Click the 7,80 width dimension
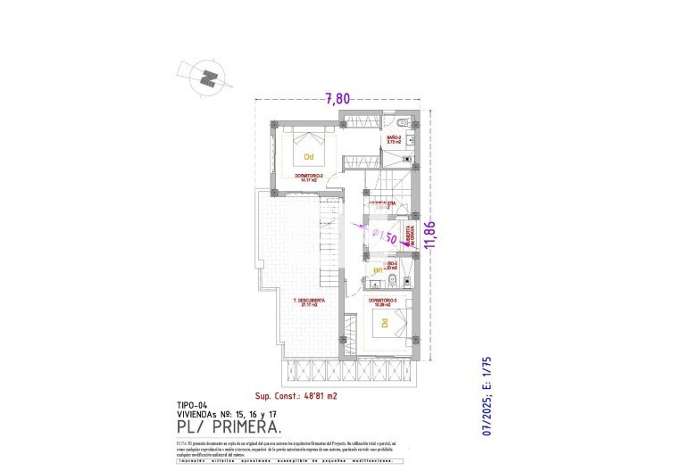coord(337,99)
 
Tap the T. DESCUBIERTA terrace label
coord(309,301)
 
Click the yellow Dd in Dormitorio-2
coord(309,157)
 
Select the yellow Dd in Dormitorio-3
coord(386,323)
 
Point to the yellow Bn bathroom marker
coord(378,269)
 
